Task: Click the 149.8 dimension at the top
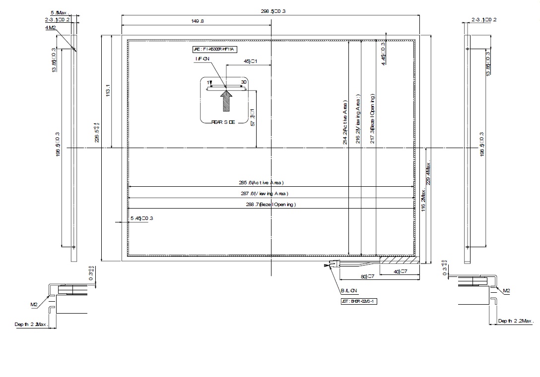click(x=197, y=21)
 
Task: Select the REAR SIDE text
click(x=223, y=122)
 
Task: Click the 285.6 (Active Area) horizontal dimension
click(x=268, y=182)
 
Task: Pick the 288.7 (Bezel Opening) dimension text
click(x=268, y=204)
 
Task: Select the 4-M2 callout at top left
click(x=50, y=28)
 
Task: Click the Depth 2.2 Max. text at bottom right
click(x=516, y=321)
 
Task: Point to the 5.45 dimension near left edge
click(x=141, y=218)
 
